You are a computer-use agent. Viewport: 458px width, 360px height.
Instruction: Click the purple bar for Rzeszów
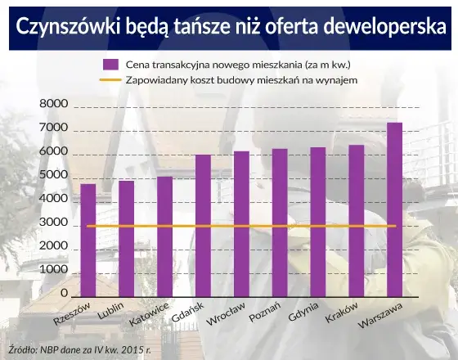coord(88,241)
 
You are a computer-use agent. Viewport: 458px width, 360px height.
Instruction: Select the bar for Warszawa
coord(394,209)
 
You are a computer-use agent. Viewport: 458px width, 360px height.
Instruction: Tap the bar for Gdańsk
coord(203,226)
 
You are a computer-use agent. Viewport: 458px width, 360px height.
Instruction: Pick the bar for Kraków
coord(356,221)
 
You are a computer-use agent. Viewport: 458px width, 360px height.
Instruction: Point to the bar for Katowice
coord(164,237)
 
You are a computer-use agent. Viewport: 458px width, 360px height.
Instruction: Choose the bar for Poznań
coord(280,223)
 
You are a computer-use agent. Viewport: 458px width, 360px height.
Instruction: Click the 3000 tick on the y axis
coord(53,223)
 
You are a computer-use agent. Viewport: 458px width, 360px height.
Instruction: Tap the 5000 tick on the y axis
coord(53,176)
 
